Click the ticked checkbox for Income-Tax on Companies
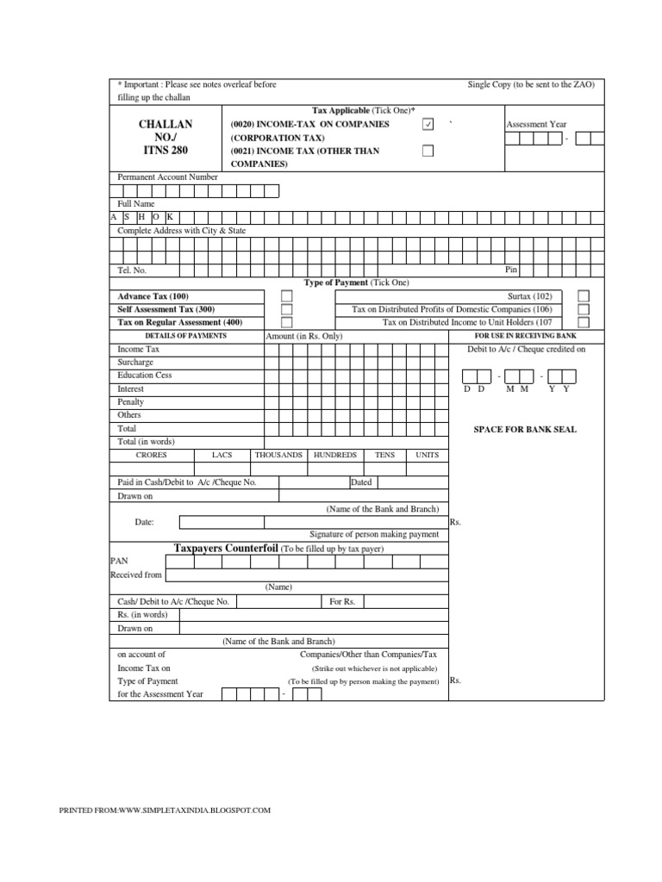pos(428,125)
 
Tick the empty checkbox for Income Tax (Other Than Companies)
pos(428,151)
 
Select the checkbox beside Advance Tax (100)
pos(287,296)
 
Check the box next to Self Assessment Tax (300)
pos(287,309)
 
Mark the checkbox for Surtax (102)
pos(584,296)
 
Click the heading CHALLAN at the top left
pos(165,124)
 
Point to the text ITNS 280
pos(165,151)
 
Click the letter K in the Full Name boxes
pos(170,217)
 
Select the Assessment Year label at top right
pos(536,125)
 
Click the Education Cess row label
pos(145,376)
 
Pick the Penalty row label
pos(131,402)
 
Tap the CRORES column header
pos(152,455)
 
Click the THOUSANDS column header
pos(278,455)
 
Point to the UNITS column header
pos(427,455)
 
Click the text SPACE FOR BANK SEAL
pos(525,429)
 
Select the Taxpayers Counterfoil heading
pos(226,548)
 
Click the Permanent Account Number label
pos(167,177)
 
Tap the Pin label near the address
pos(511,270)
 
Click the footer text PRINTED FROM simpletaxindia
pos(164,811)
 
